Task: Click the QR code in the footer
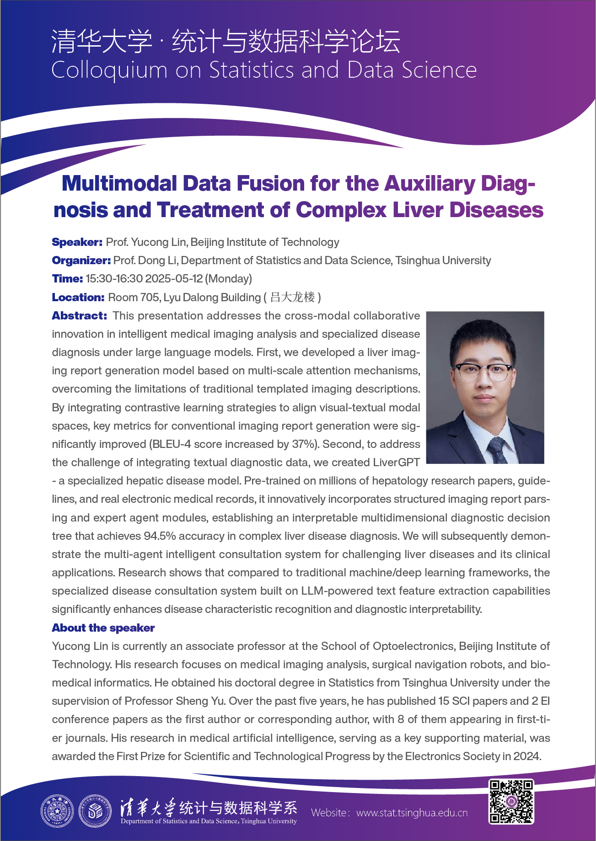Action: point(511,802)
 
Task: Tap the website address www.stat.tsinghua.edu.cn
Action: point(412,813)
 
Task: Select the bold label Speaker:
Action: point(77,242)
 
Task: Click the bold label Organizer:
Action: point(81,261)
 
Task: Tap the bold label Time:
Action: point(67,279)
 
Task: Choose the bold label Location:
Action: point(78,298)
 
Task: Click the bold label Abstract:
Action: point(79,316)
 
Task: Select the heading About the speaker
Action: point(103,628)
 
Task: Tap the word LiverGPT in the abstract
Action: point(396,463)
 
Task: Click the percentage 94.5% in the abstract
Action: point(160,536)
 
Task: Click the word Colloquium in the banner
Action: point(109,71)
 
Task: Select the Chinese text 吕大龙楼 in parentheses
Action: point(292,298)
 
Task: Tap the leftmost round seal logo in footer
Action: point(57,812)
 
